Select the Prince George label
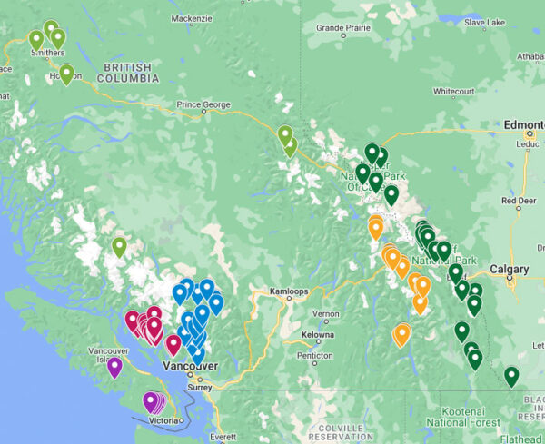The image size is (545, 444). pyautogui.click(x=203, y=104)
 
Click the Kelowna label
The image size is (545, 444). pyautogui.click(x=317, y=334)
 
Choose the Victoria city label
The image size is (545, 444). pyautogui.click(x=164, y=421)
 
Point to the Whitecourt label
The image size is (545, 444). pyautogui.click(x=453, y=92)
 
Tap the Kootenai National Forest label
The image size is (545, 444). pyautogui.click(x=463, y=417)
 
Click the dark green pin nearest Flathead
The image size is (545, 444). pyautogui.click(x=511, y=374)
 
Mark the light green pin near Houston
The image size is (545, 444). pyautogui.click(x=66, y=74)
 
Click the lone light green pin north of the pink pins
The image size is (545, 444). pyautogui.click(x=119, y=246)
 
